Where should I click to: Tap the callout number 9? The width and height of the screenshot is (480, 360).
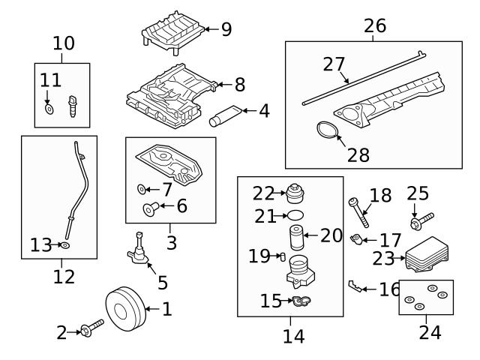click(226, 29)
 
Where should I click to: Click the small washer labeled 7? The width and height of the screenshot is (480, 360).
click(142, 187)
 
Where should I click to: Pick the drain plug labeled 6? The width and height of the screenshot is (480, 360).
click(148, 208)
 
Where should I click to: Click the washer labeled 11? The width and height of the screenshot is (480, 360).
click(49, 109)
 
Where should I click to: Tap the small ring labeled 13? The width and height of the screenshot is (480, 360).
click(65, 245)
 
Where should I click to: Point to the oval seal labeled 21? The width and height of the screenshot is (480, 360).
click(296, 215)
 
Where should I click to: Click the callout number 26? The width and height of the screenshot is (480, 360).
click(374, 26)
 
